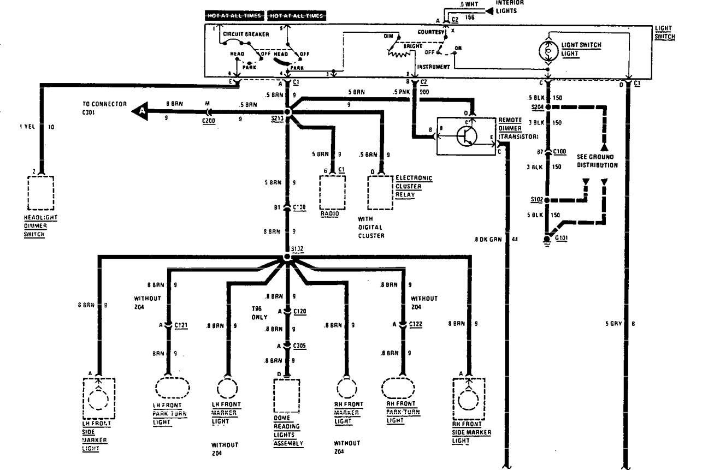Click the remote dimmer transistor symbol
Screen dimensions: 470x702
coord(465,136)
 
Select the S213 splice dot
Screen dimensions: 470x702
coord(287,111)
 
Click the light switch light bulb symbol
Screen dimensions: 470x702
coord(547,50)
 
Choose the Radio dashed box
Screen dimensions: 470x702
coord(332,193)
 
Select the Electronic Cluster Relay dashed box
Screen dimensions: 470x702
coord(380,193)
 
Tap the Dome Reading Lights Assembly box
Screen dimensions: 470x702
coord(286,397)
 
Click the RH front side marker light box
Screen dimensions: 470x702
coord(468,401)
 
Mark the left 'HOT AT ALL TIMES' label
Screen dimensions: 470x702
coord(234,16)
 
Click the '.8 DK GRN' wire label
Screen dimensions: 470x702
coord(487,239)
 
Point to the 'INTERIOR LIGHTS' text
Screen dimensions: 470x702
coord(509,6)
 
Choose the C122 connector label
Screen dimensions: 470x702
coord(415,325)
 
